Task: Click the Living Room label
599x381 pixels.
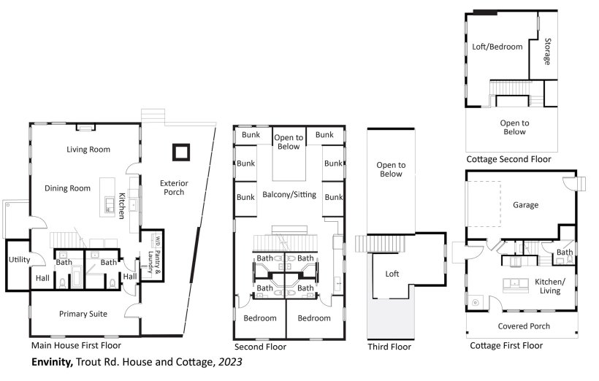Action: point(88,150)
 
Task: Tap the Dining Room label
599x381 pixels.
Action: point(68,188)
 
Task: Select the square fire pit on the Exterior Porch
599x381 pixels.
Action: point(180,153)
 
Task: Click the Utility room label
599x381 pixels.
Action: point(19,260)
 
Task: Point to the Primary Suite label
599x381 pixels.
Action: point(83,314)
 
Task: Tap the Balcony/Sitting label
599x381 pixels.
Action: point(289,195)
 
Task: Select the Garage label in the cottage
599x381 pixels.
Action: point(526,205)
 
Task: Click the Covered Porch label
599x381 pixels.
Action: point(524,326)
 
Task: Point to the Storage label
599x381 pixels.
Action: point(547,52)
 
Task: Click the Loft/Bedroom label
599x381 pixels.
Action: point(497,47)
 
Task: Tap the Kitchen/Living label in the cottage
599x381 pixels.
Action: point(550,286)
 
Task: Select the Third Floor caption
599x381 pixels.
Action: point(389,347)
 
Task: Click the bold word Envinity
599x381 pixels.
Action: point(52,362)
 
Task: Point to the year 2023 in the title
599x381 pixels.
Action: point(230,362)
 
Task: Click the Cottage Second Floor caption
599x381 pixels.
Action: point(508,159)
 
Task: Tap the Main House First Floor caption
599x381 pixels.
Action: point(76,345)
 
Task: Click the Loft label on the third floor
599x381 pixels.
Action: point(392,274)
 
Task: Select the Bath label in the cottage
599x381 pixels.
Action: point(564,252)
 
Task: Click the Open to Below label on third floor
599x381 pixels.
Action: point(391,169)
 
